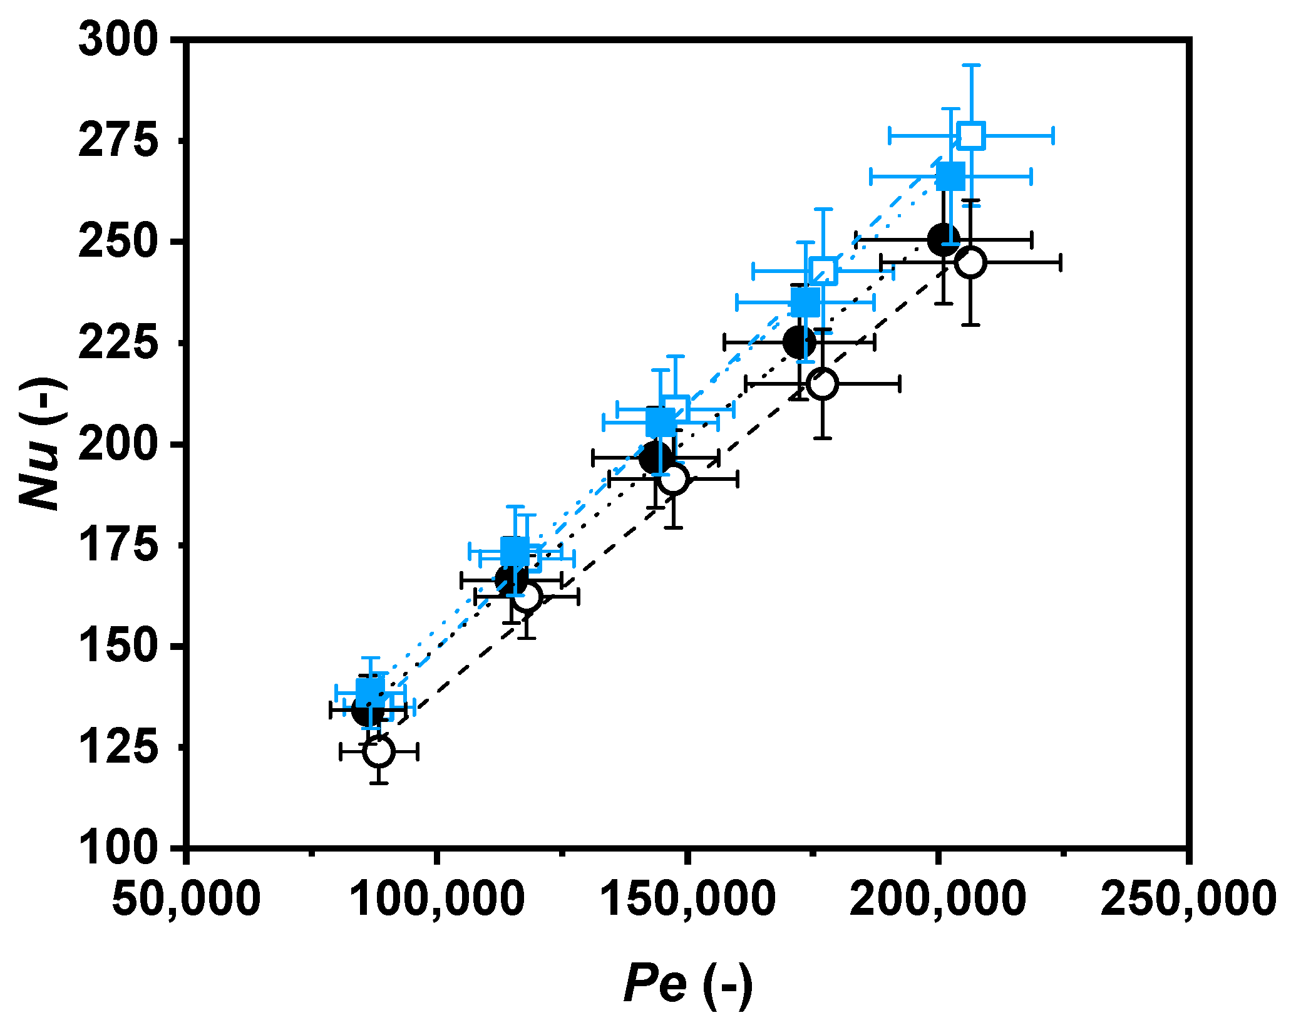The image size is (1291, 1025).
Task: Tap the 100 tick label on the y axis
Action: point(116,848)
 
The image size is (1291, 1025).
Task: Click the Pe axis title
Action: point(687,985)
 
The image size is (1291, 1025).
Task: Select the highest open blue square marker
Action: point(971,135)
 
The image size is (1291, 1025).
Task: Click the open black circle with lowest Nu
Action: point(379,751)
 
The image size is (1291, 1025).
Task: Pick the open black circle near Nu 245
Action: point(970,262)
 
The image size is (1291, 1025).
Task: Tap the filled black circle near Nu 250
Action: point(944,239)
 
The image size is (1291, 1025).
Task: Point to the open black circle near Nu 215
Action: point(822,383)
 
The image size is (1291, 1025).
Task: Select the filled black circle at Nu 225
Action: point(799,342)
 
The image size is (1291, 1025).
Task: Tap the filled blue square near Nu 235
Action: point(805,302)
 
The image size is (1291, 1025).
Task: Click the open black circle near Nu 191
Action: point(673,479)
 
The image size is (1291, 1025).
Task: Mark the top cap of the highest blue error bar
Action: point(971,65)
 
